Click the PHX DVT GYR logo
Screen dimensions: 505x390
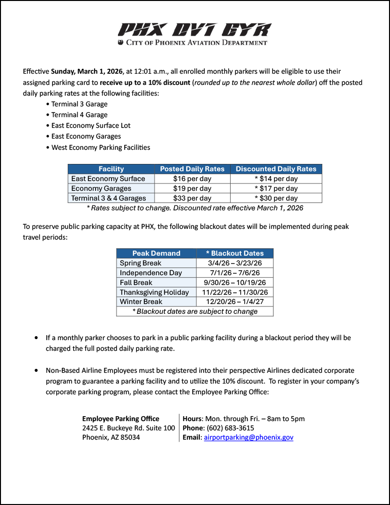pyautogui.click(x=194, y=30)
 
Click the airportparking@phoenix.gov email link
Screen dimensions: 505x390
pyautogui.click(x=249, y=437)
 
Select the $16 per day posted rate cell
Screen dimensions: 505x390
pyautogui.click(x=192, y=179)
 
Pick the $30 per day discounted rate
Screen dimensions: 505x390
pyautogui.click(x=276, y=198)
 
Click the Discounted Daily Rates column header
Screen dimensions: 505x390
pyautogui.click(x=276, y=169)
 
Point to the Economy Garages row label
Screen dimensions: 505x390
pyautogui.click(x=101, y=188)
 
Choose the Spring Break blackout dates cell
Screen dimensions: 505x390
pyautogui.click(x=234, y=263)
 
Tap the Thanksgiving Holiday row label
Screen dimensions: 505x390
pyautogui.click(x=154, y=292)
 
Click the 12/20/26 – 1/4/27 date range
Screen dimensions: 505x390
pyautogui.click(x=234, y=302)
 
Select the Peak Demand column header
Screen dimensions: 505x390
pyautogui.click(x=156, y=253)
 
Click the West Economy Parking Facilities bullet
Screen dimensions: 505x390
pyautogui.click(x=101, y=147)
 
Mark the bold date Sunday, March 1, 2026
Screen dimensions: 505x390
pyautogui.click(x=87, y=71)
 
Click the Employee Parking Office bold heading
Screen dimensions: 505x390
pyautogui.click(x=120, y=419)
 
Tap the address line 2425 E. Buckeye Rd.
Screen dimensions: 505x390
pyautogui.click(x=128, y=428)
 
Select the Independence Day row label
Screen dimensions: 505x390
pyautogui.click(x=151, y=273)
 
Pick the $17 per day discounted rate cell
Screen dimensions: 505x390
pyautogui.click(x=276, y=188)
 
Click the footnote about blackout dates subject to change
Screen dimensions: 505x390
pyautogui.click(x=195, y=311)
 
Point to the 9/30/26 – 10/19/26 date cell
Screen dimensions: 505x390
pyautogui.click(x=234, y=283)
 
